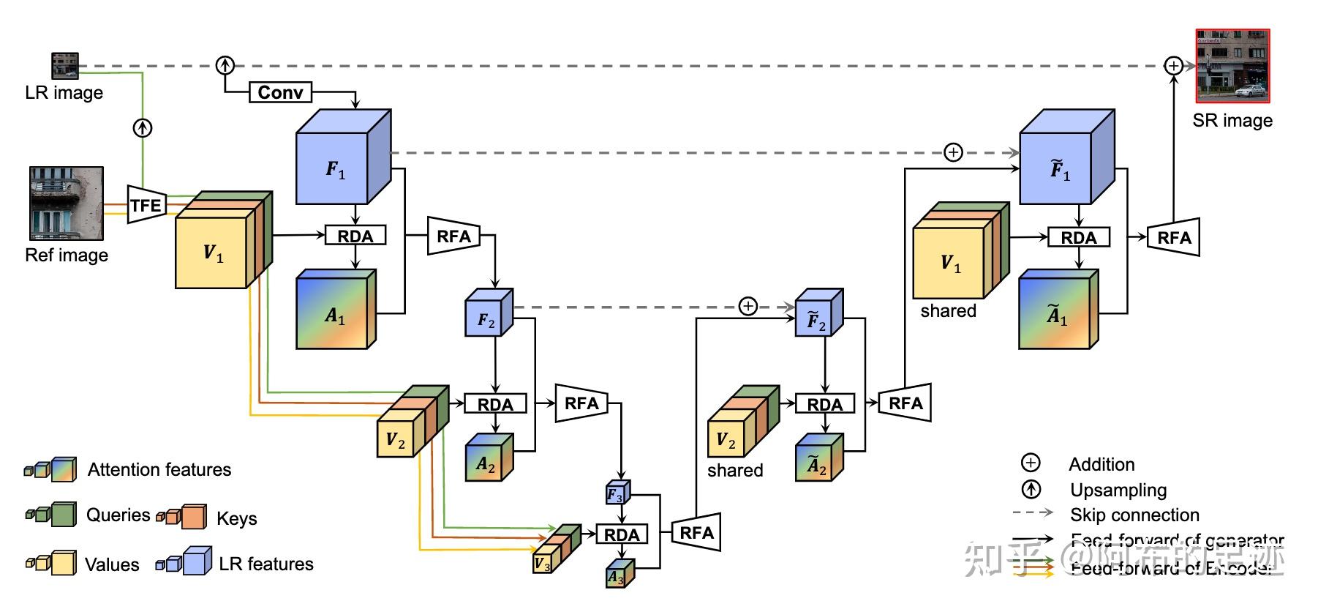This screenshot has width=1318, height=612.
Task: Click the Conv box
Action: coord(280,92)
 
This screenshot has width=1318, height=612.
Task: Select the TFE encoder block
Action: coord(146,205)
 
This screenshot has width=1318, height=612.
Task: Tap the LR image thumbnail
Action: coord(64,65)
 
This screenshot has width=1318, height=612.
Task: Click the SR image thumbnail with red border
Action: coord(1232,67)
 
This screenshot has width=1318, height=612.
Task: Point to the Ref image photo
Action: coord(66,204)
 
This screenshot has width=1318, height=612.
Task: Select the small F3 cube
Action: coord(615,494)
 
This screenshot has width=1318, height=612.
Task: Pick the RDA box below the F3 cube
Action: coord(622,534)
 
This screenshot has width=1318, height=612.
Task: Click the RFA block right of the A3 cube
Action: coord(696,532)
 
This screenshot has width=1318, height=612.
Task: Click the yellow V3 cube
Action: coord(542,563)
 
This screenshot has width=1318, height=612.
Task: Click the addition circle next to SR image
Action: coord(1173,66)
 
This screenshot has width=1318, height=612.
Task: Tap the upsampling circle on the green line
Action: coord(143,128)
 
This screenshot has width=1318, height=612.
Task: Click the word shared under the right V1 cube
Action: coord(948,310)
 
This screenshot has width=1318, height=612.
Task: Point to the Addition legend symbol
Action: coord(1031,463)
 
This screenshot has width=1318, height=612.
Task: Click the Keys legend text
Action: coord(237,518)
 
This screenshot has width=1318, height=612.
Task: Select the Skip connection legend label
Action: coord(1134,515)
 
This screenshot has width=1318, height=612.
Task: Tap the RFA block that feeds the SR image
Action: coord(1174,237)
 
